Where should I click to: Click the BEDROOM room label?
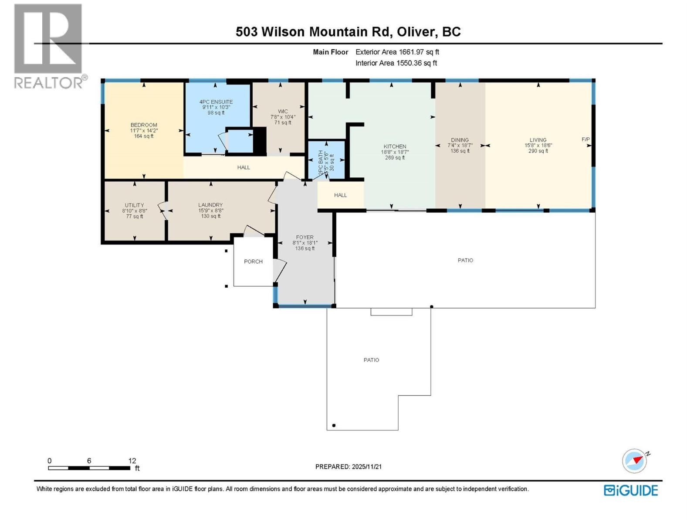click(144, 125)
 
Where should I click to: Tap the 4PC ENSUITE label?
click(216, 102)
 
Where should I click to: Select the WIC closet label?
click(283, 112)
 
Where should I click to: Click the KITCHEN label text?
click(395, 147)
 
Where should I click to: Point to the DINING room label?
click(460, 140)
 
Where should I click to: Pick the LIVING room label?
click(538, 140)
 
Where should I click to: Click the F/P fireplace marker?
click(585, 139)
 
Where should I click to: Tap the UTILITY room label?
click(134, 205)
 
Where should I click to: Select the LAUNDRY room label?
click(210, 205)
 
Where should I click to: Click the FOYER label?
click(305, 238)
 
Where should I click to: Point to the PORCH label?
click(253, 261)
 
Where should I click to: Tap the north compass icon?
click(635, 461)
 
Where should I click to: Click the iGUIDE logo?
click(631, 490)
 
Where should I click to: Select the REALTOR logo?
click(49, 46)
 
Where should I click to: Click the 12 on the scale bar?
click(132, 461)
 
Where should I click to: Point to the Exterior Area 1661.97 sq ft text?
click(397, 52)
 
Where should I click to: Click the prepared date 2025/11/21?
click(366, 466)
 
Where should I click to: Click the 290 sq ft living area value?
click(538, 151)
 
